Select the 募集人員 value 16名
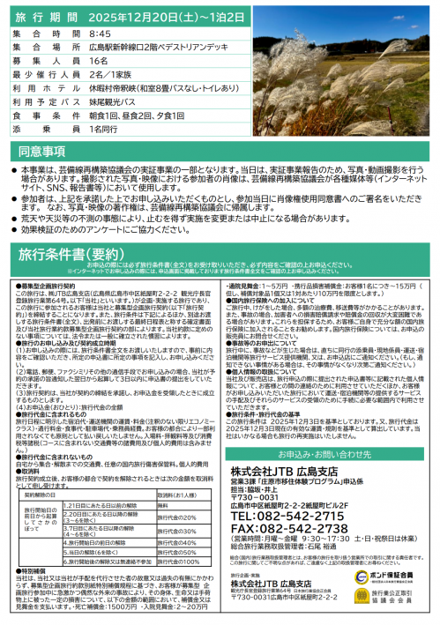(98, 57)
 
